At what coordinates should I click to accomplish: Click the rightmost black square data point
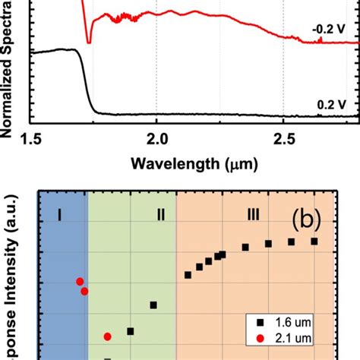click(314, 241)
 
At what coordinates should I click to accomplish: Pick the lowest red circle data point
click(108, 336)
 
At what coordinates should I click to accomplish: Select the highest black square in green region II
click(153, 305)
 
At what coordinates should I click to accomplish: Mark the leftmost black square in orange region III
click(188, 274)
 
